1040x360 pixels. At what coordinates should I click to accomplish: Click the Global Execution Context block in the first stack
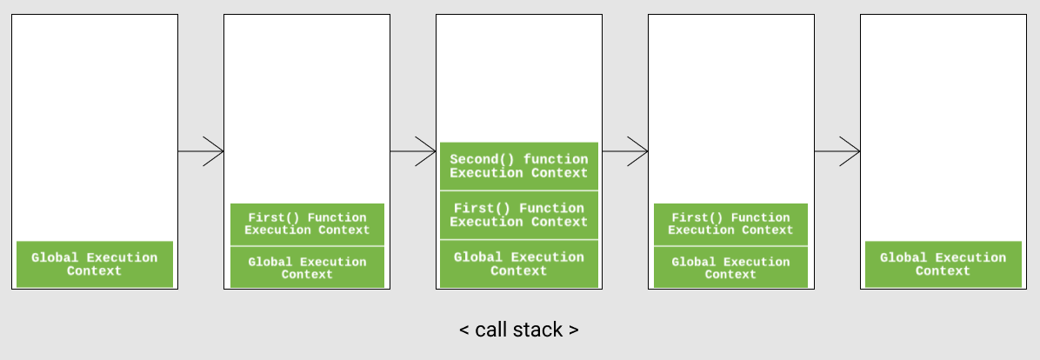pos(95,264)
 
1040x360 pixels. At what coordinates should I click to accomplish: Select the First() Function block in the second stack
pos(307,224)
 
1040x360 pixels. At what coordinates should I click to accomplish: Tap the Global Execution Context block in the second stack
pos(307,268)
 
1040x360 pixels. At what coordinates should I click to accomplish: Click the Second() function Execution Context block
pos(519,166)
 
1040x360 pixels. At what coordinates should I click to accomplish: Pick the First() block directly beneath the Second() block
pos(519,215)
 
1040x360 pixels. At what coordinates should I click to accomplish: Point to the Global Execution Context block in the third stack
pos(519,263)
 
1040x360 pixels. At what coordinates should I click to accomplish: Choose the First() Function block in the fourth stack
pos(730,224)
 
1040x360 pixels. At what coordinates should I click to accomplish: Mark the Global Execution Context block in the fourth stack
pos(730,268)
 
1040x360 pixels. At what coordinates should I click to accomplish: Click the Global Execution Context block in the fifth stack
pos(943,264)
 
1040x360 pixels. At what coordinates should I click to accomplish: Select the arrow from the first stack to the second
pos(201,151)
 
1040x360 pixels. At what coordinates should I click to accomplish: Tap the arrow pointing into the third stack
pos(413,151)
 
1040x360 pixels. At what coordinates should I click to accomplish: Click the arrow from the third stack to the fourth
pos(625,151)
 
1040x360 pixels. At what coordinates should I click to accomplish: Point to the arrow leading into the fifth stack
pos(837,151)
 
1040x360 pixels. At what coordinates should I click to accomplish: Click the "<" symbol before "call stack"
pos(464,330)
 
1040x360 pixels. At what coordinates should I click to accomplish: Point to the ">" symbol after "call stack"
pos(573,330)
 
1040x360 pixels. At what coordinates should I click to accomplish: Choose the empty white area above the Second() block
pos(519,78)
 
